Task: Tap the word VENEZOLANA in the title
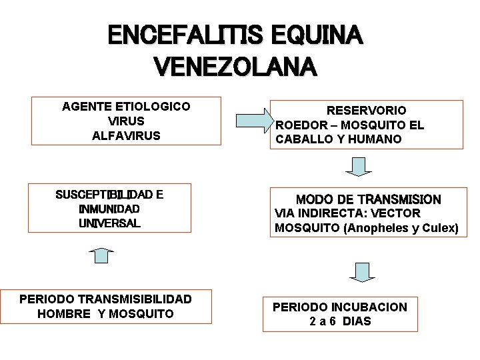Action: (235, 67)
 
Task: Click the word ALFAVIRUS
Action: (126, 135)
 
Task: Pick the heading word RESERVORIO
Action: (366, 111)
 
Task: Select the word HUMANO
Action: (377, 139)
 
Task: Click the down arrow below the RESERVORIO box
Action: (359, 165)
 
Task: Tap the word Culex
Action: (440, 228)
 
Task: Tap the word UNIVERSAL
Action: (109, 223)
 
